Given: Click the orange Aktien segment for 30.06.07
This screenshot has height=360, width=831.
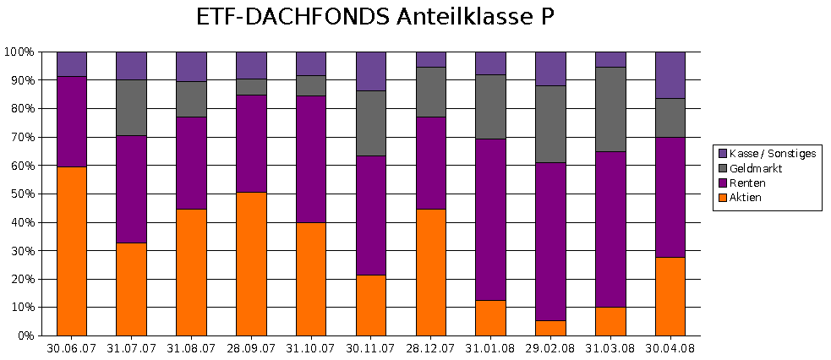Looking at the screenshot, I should (72, 251).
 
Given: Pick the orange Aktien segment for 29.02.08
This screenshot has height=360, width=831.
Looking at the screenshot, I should (550, 328).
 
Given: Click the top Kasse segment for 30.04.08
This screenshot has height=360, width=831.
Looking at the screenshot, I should (670, 74).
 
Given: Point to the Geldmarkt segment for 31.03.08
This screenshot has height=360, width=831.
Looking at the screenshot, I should (610, 109).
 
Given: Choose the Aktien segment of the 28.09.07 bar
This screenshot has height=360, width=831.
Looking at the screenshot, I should (251, 264).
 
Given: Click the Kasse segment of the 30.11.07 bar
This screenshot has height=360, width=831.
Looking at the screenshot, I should (371, 71).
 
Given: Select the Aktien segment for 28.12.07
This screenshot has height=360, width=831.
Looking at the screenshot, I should (431, 272).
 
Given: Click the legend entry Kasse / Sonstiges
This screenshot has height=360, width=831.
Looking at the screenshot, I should (773, 153).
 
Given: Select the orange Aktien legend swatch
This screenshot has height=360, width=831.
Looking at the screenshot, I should (722, 198).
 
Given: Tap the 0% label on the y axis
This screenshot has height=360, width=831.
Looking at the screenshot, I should (25, 335).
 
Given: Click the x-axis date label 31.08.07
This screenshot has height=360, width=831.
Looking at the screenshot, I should (191, 348).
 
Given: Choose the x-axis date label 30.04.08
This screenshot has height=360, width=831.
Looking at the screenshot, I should (670, 348).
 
